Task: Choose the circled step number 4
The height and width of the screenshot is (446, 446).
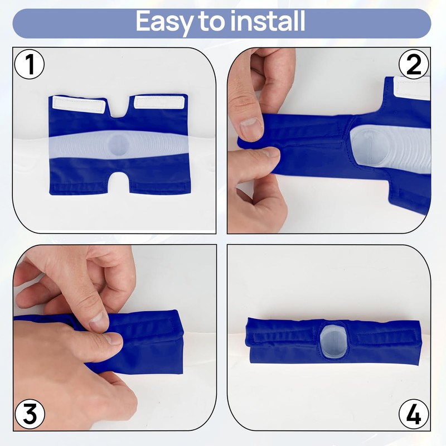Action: (414, 415)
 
